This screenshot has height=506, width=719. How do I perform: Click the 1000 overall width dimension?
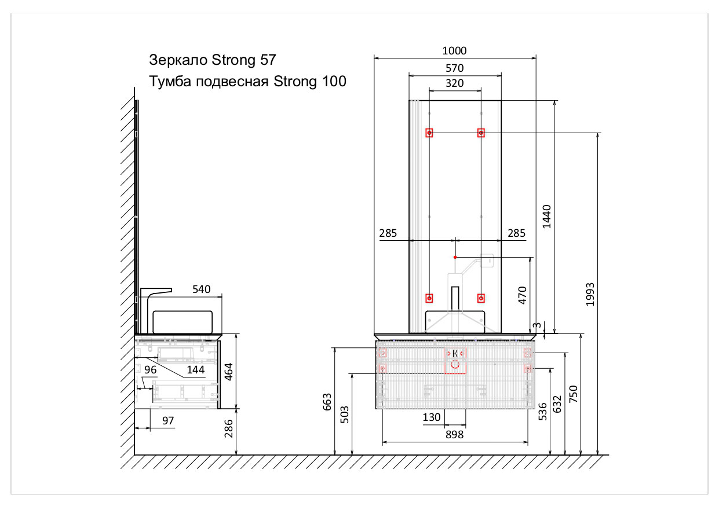pos(455,51)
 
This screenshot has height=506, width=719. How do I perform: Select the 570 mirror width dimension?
pos(455,68)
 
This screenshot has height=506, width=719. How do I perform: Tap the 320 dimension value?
pos(455,83)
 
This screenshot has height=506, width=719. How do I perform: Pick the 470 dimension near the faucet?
pos(522,295)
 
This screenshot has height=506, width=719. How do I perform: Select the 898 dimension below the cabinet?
pos(455,435)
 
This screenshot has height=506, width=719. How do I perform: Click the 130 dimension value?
pos(432,417)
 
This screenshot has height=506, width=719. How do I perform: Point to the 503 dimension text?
pos(344,415)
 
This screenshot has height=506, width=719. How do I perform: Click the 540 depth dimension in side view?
pos(201,289)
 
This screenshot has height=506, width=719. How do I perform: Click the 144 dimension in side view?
pos(195,369)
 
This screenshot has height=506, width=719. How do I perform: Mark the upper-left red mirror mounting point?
pos(429,133)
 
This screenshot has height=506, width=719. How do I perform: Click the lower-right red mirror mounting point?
pos(481,298)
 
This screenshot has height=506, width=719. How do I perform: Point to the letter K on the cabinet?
pos(455,353)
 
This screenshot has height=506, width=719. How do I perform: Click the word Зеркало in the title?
pos(179,60)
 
